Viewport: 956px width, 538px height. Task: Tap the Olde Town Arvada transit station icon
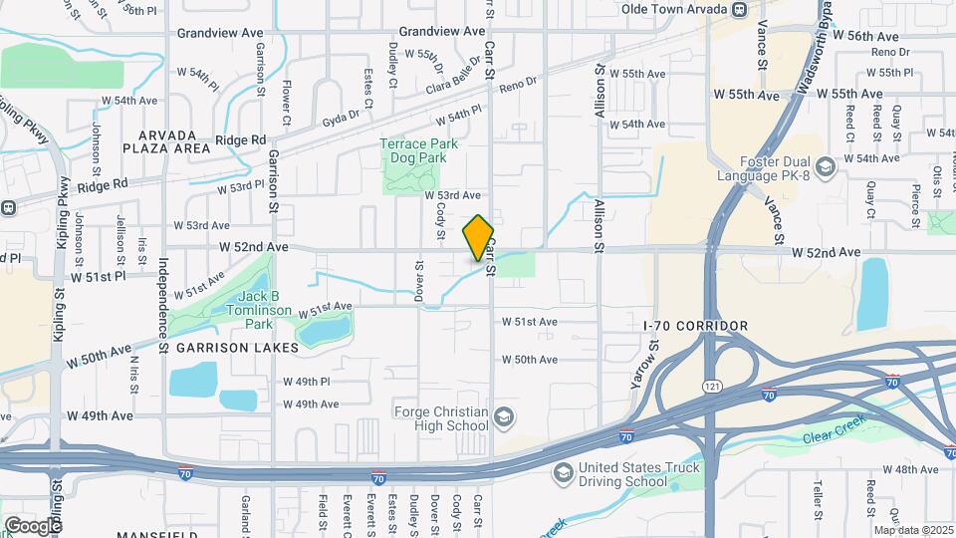point(739,10)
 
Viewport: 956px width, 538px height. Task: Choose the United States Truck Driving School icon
point(563,470)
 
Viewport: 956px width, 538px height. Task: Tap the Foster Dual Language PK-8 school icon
point(824,165)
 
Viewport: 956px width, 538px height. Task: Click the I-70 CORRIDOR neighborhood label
point(695,326)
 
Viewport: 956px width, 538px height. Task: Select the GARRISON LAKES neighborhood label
point(237,348)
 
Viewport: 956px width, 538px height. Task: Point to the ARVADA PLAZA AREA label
point(174,140)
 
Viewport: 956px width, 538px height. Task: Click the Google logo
point(33,525)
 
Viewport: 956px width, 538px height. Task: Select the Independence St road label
point(161,298)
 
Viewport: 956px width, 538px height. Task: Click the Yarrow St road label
point(654,363)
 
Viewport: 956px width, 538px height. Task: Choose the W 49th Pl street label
point(306,382)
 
